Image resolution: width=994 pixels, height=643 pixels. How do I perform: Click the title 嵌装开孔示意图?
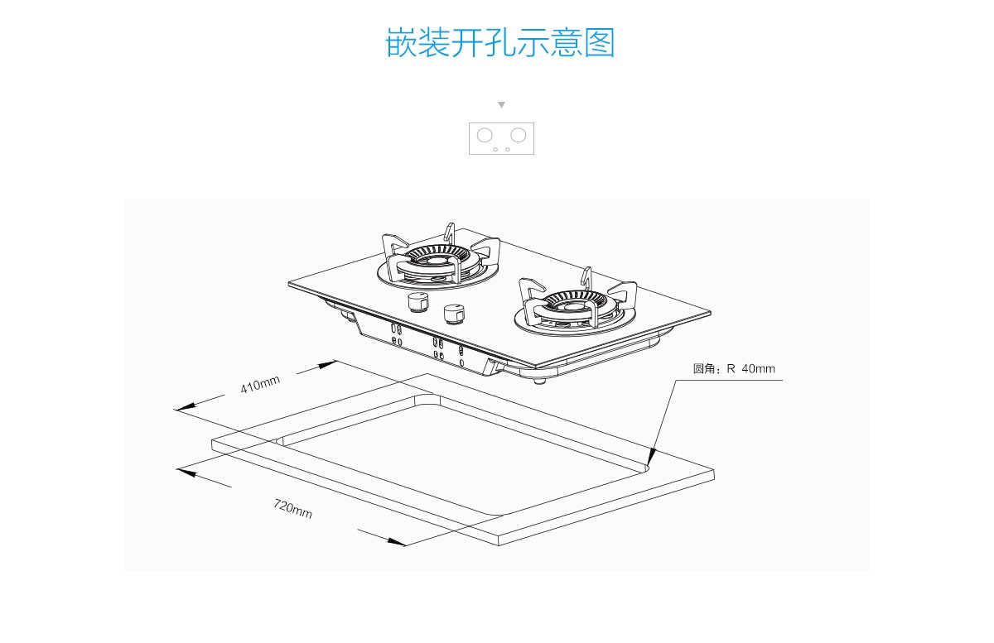tap(500, 42)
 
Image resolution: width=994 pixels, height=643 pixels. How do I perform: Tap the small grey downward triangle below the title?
tap(501, 105)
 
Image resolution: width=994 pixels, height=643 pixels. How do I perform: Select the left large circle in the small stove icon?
tap(485, 135)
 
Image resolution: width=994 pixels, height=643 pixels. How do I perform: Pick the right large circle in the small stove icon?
tap(519, 135)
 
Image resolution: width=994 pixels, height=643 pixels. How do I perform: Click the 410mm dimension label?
tap(260, 385)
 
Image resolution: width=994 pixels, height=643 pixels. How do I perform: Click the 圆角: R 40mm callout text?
tap(734, 369)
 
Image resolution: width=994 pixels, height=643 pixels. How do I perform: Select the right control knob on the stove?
tap(453, 314)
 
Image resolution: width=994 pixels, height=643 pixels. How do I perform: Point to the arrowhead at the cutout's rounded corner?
tap(651, 456)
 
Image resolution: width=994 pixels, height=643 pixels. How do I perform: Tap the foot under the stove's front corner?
tap(540, 381)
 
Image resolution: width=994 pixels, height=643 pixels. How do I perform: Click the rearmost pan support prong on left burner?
tap(450, 231)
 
